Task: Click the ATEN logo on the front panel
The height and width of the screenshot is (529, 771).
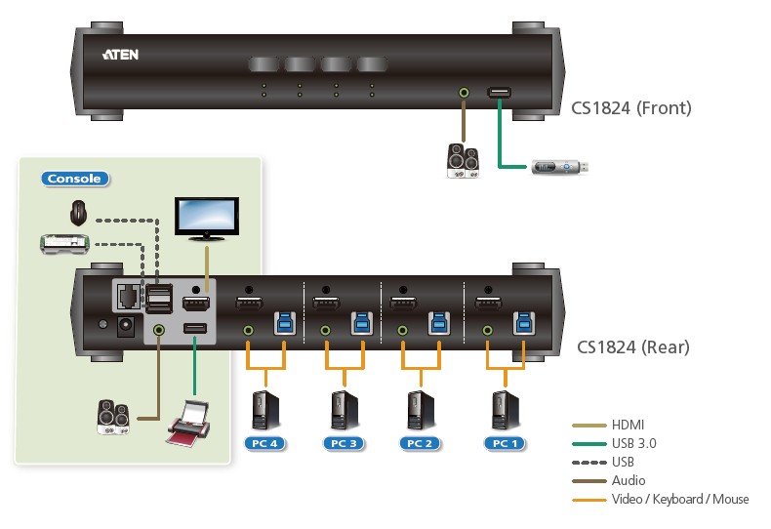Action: tap(120, 54)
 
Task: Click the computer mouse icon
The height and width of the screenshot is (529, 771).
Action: tap(78, 211)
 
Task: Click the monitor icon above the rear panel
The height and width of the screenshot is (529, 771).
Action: tap(205, 218)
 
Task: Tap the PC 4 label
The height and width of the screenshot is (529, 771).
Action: tap(264, 443)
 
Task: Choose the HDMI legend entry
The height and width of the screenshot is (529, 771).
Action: tap(628, 425)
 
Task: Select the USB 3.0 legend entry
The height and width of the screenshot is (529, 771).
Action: tap(634, 443)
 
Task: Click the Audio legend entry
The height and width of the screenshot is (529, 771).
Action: tap(628, 480)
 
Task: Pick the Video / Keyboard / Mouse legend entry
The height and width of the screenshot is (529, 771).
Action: tap(679, 499)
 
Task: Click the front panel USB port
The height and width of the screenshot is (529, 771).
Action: tap(498, 93)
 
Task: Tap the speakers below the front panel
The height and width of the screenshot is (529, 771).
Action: tap(462, 161)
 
